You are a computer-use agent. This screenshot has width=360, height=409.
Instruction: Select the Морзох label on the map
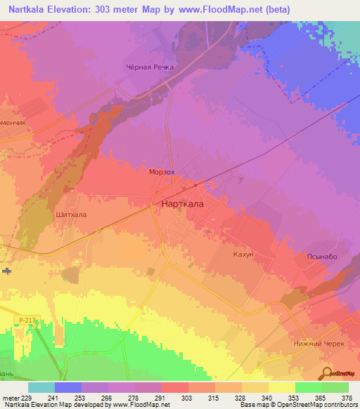[162, 171]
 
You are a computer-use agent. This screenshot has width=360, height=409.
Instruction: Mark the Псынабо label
[322, 257]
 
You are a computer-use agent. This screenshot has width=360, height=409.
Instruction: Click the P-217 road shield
[27, 320]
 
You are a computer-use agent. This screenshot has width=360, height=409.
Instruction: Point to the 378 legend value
[347, 397]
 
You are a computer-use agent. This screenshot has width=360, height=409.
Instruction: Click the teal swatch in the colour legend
[41, 387]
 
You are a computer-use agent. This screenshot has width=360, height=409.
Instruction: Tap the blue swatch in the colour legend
[67, 387]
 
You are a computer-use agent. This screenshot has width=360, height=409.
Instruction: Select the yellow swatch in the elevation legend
[281, 387]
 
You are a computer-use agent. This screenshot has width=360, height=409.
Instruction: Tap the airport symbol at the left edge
[6, 271]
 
